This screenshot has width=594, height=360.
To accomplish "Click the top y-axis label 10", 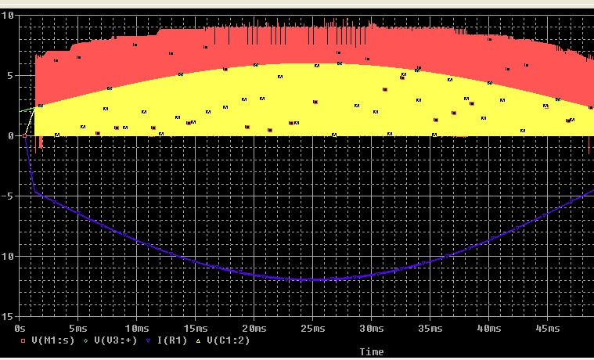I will (9, 16).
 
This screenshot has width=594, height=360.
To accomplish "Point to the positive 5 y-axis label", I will (11, 76).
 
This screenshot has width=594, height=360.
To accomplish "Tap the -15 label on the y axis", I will (7, 316).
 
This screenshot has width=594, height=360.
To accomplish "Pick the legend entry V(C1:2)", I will (231, 340).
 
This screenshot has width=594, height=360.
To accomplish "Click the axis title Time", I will (372, 352).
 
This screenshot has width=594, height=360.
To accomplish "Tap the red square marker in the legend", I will (23, 341).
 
